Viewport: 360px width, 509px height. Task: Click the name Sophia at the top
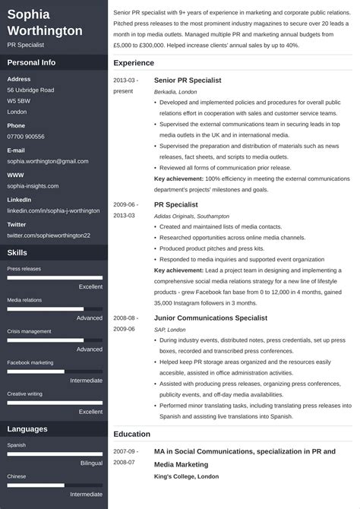point(30,14)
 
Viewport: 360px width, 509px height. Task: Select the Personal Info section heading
point(32,62)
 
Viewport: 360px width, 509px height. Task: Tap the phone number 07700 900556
point(26,137)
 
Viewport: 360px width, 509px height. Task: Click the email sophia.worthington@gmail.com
point(48,161)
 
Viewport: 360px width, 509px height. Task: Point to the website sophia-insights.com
point(35,185)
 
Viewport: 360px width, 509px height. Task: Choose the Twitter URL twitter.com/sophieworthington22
point(49,236)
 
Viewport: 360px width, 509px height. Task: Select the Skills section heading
point(18,252)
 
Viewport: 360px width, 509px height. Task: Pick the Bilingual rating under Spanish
point(91,462)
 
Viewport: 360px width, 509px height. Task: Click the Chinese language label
point(17,476)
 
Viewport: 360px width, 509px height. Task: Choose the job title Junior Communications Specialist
point(210,318)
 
